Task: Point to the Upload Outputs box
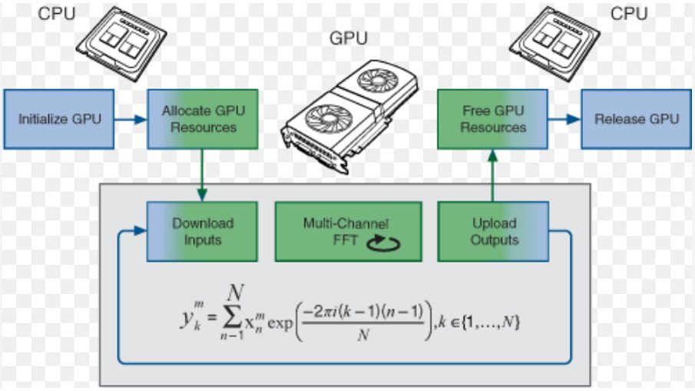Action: pyautogui.click(x=494, y=231)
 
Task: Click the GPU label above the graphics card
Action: pyautogui.click(x=347, y=38)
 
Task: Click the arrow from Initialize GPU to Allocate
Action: pyautogui.click(x=131, y=119)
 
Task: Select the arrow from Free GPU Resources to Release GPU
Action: pyautogui.click(x=564, y=119)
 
